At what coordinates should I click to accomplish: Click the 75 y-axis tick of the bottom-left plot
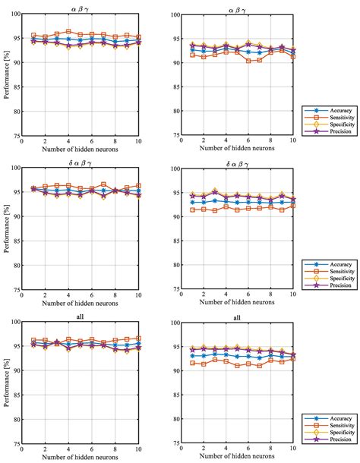(19, 443)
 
